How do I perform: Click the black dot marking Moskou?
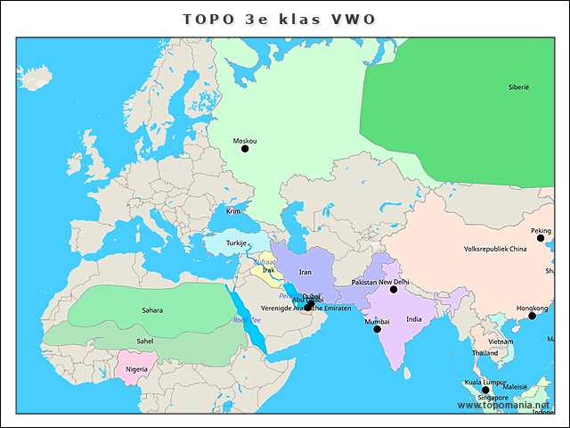pos(245,149)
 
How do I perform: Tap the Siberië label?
pos(518,87)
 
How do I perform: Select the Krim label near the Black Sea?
pos(232,211)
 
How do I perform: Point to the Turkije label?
pos(236,243)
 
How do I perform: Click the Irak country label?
pos(268,270)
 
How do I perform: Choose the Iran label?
pos(305,272)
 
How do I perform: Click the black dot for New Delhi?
pos(394,290)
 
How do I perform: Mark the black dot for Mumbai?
pos(377,330)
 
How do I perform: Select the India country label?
pos(414,319)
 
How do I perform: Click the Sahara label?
pos(152,310)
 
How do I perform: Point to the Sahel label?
pos(144,340)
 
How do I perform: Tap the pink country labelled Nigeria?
pos(136,368)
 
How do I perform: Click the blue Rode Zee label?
pos(247,319)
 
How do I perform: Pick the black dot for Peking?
pos(541,238)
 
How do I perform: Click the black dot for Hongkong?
pos(532,316)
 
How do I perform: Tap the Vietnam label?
pos(501,342)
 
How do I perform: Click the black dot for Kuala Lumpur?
pos(486,391)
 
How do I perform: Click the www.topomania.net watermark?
pos(503,405)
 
